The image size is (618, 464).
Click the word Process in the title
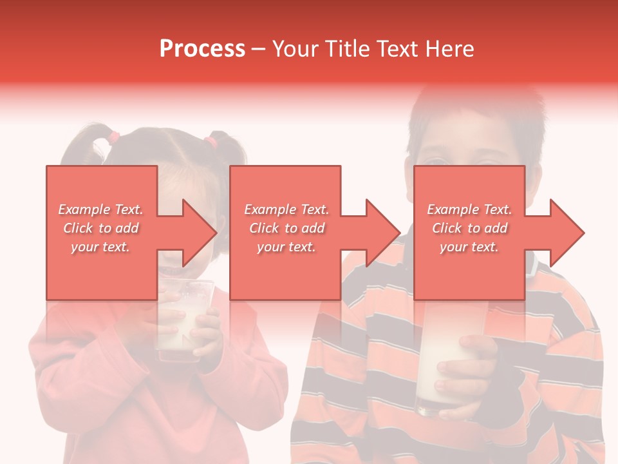[202, 49]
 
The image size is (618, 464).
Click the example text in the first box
[100, 228]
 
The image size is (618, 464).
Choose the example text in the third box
[469, 228]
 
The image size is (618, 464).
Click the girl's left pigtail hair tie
[114, 137]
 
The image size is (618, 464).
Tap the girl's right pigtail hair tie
[210, 140]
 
